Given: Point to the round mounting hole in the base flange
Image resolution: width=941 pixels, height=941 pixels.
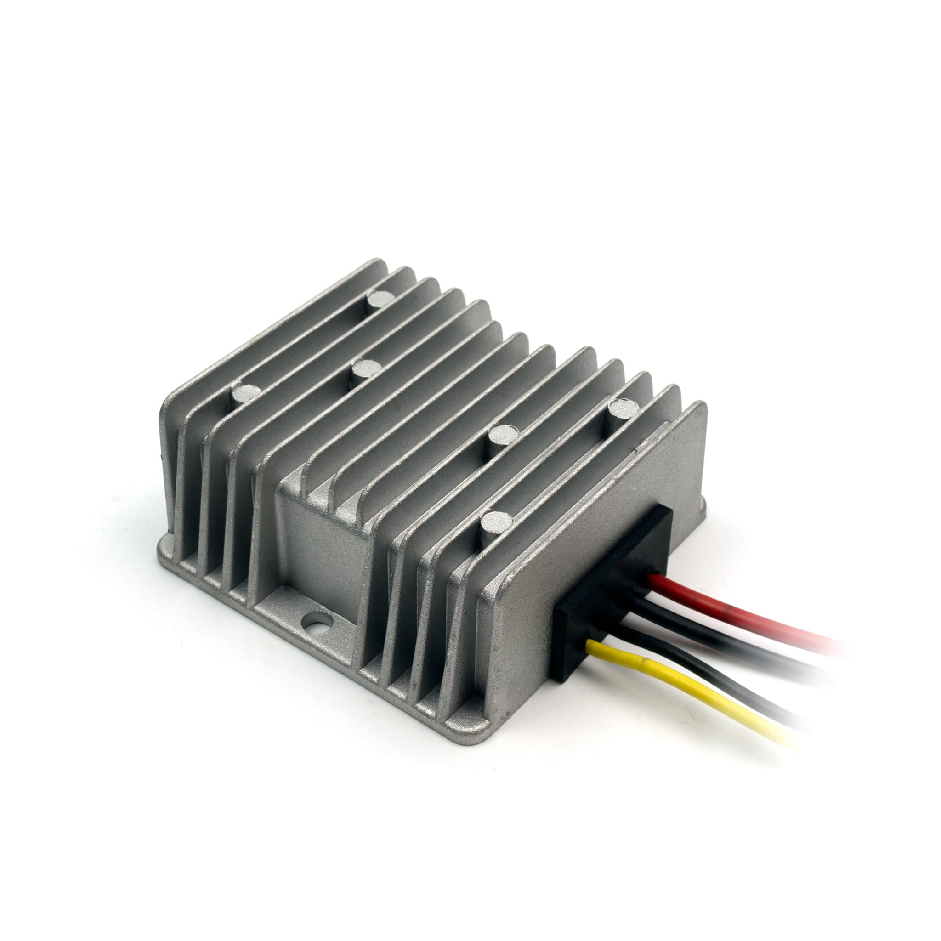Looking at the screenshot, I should [316, 622].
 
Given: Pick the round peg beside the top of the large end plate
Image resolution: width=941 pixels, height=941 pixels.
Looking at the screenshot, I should [621, 408].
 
